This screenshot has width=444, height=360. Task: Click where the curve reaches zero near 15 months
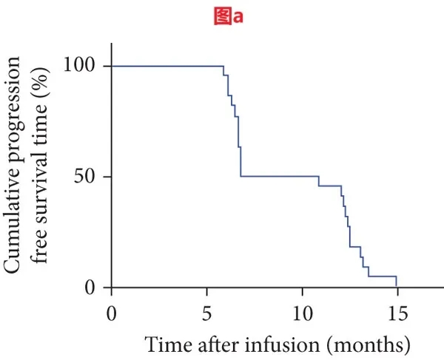tap(397, 285)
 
